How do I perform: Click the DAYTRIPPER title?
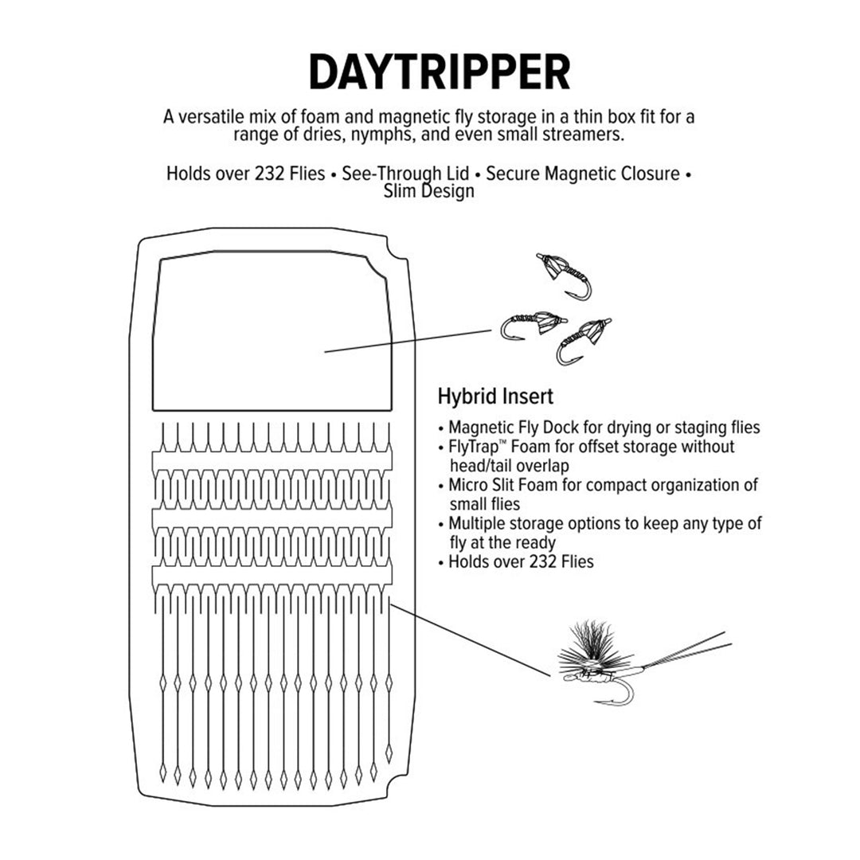pyautogui.click(x=439, y=72)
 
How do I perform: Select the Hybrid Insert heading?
pyautogui.click(x=495, y=396)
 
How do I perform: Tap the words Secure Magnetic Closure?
pyautogui.click(x=583, y=174)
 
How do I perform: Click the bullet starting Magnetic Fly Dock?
pyautogui.click(x=603, y=428)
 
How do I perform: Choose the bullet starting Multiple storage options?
pyautogui.click(x=604, y=523)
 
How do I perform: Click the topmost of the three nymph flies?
pyautogui.click(x=567, y=275)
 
